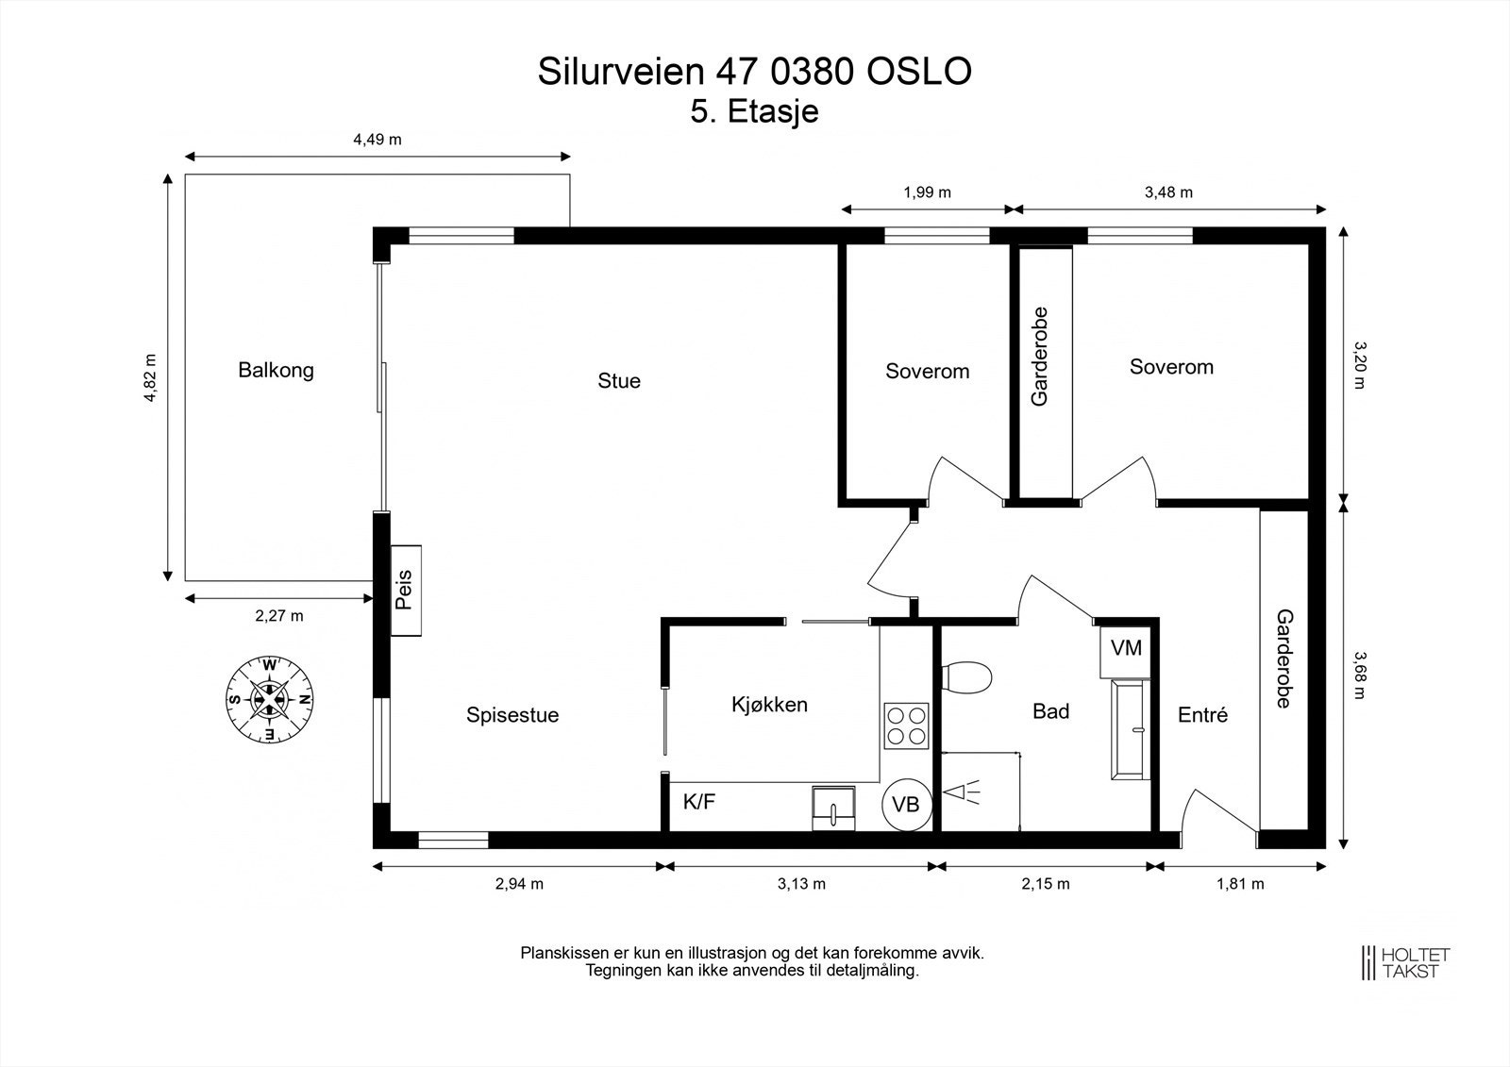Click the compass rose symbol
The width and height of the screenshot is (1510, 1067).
coord(269,699)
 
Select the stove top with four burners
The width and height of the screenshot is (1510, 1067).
coord(906,725)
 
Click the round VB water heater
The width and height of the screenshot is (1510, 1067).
coord(906,805)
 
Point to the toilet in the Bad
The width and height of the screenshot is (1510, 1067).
coord(967,676)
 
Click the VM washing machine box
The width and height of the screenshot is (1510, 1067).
coord(1125,649)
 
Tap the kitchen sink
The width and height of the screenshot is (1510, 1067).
coord(834,809)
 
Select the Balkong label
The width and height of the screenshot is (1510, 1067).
coord(276,370)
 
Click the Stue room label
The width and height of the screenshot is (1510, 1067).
coord(618,380)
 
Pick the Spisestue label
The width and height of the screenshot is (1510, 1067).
coord(512,715)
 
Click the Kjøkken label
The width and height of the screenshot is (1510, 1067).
coord(769,705)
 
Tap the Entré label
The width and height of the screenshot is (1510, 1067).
coord(1202,715)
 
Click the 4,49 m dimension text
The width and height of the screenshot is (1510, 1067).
coord(377,140)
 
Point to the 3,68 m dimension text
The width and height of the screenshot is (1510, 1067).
coord(1360,675)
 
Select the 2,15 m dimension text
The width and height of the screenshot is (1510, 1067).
coord(1046,884)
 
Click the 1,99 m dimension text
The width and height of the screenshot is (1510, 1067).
coord(927,192)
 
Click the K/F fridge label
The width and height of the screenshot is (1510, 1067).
coord(699,803)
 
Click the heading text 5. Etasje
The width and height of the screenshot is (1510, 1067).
coord(754,111)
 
